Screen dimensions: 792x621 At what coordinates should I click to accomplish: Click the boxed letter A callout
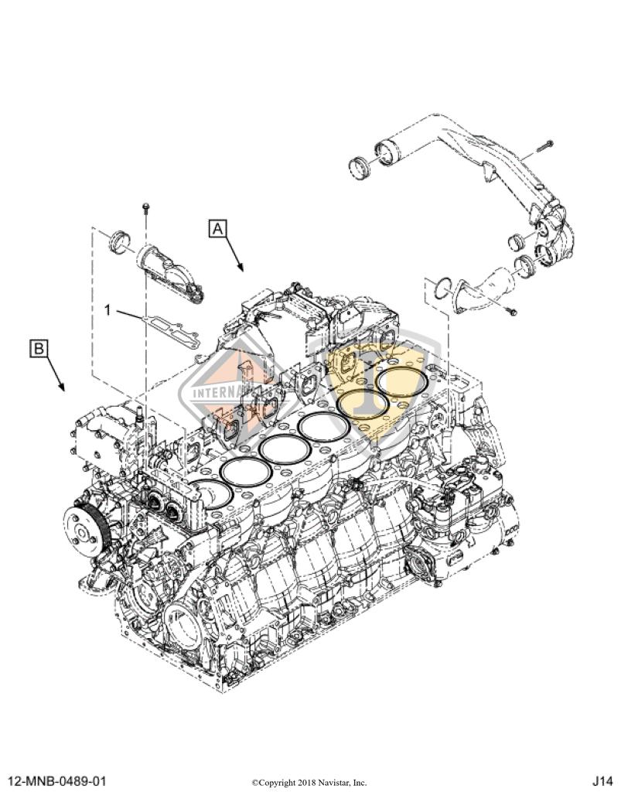coord(217,228)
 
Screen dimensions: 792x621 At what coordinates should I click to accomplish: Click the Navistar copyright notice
coord(309,782)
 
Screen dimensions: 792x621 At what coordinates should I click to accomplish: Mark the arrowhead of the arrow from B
coord(63,387)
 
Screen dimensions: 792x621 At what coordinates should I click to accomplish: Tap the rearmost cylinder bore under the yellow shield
coord(404,381)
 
